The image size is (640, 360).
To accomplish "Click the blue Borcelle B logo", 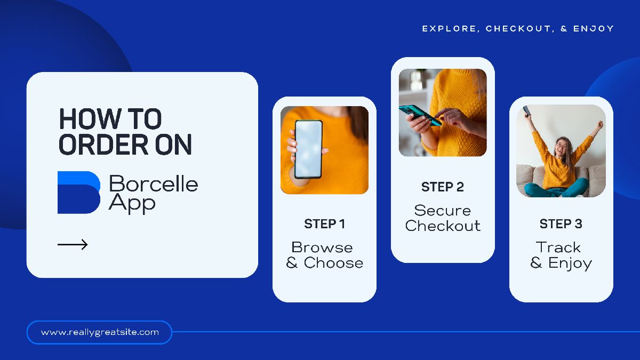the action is (79, 193).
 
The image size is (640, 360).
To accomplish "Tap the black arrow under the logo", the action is (73, 245).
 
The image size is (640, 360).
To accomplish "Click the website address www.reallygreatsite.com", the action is (100, 332).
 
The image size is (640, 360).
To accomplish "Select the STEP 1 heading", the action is (325, 223).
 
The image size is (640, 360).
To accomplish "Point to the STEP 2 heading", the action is (443, 187).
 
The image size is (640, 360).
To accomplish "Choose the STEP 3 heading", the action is (561, 223).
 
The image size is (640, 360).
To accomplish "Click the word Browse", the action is (322, 247).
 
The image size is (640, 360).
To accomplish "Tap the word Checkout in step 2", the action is (443, 226).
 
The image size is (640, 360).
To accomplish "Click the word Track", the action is (558, 247).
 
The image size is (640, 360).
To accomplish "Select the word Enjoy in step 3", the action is (570, 263).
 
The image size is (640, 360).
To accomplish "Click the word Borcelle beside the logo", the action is (154, 183).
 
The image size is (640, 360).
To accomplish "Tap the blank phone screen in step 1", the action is (308, 149).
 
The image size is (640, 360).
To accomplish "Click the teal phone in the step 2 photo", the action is (420, 115).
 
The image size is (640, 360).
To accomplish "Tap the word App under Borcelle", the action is (132, 203).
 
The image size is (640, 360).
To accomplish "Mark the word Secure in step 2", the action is (443, 211).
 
